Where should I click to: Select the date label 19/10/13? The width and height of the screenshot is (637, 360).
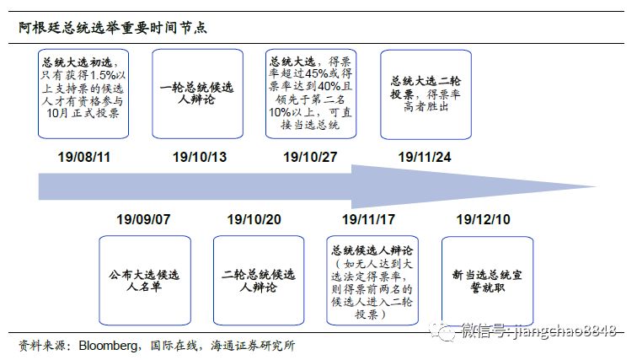click(x=200, y=157)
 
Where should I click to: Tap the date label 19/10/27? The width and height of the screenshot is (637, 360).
click(x=310, y=157)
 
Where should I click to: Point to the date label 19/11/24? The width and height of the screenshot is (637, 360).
click(x=425, y=157)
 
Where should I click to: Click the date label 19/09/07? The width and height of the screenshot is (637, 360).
click(x=143, y=219)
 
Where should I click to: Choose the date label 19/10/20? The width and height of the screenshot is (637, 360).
click(x=254, y=219)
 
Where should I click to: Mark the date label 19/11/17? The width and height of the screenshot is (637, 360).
click(x=369, y=219)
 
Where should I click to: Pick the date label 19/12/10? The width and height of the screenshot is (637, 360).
click(x=484, y=219)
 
